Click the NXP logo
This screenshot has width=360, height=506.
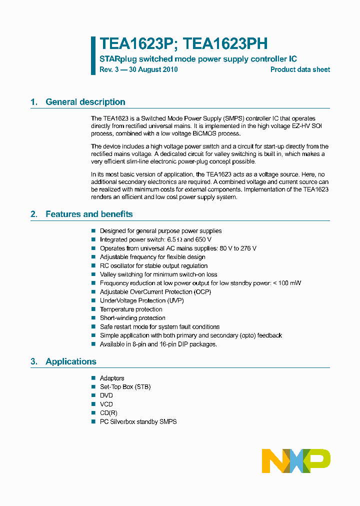pyautogui.click(x=296, y=460)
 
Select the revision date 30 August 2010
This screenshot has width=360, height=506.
pyautogui.click(x=153, y=69)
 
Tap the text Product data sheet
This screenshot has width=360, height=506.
pyautogui.click(x=300, y=69)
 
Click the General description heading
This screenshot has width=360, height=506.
pyautogui.click(x=85, y=102)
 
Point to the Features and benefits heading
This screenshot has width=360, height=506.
pyautogui.click(x=89, y=214)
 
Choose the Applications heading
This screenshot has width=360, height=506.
pyautogui.click(x=71, y=361)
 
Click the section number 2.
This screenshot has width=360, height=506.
pyautogui.click(x=33, y=214)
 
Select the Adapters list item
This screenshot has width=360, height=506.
pyautogui.click(x=112, y=378)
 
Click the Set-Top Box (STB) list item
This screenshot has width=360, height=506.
pyautogui.click(x=125, y=387)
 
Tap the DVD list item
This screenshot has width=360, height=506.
pyautogui.click(x=106, y=395)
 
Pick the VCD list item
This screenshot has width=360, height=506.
pyautogui.click(x=106, y=404)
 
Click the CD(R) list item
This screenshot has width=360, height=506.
pyautogui.click(x=108, y=413)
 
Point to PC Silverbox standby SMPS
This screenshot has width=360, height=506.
pyautogui.click(x=138, y=421)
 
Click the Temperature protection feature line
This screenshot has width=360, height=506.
pyautogui.click(x=131, y=309)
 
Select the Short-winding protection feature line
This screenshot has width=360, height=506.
pyautogui.click(x=132, y=318)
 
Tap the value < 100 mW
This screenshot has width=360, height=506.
pyautogui.click(x=287, y=283)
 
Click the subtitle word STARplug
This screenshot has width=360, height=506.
pyautogui.click(x=118, y=59)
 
